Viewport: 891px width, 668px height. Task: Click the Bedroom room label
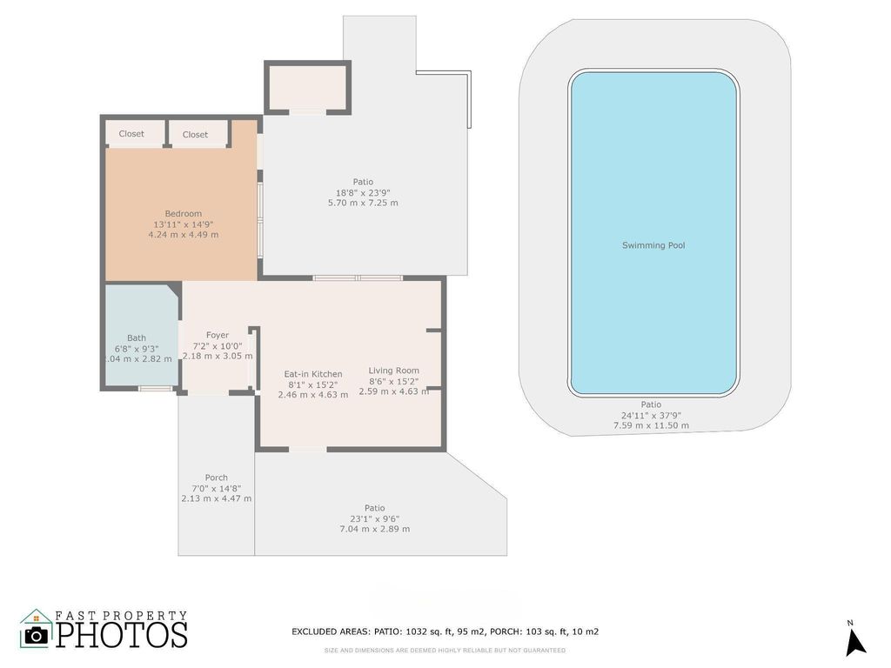click(183, 214)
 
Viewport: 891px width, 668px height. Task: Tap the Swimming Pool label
click(653, 245)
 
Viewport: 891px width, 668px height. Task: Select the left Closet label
click(131, 134)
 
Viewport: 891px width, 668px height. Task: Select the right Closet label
click(195, 135)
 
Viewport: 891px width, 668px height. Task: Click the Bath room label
click(137, 338)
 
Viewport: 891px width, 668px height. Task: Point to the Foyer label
click(218, 335)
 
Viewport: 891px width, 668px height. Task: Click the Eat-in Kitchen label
click(313, 374)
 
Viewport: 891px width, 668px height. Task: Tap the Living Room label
click(393, 371)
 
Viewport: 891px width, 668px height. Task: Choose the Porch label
click(217, 478)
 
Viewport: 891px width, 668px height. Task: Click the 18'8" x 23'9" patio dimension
click(363, 192)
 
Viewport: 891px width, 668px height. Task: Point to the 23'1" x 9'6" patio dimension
click(374, 518)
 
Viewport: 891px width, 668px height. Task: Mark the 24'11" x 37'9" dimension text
click(651, 415)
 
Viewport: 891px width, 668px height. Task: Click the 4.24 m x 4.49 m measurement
click(183, 235)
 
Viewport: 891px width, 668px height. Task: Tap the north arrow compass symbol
click(855, 641)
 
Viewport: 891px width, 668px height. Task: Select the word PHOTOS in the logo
click(122, 635)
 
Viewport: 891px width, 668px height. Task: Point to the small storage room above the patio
click(307, 87)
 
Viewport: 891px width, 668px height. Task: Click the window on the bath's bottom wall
click(155, 388)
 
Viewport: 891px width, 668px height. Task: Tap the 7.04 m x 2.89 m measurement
click(374, 529)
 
